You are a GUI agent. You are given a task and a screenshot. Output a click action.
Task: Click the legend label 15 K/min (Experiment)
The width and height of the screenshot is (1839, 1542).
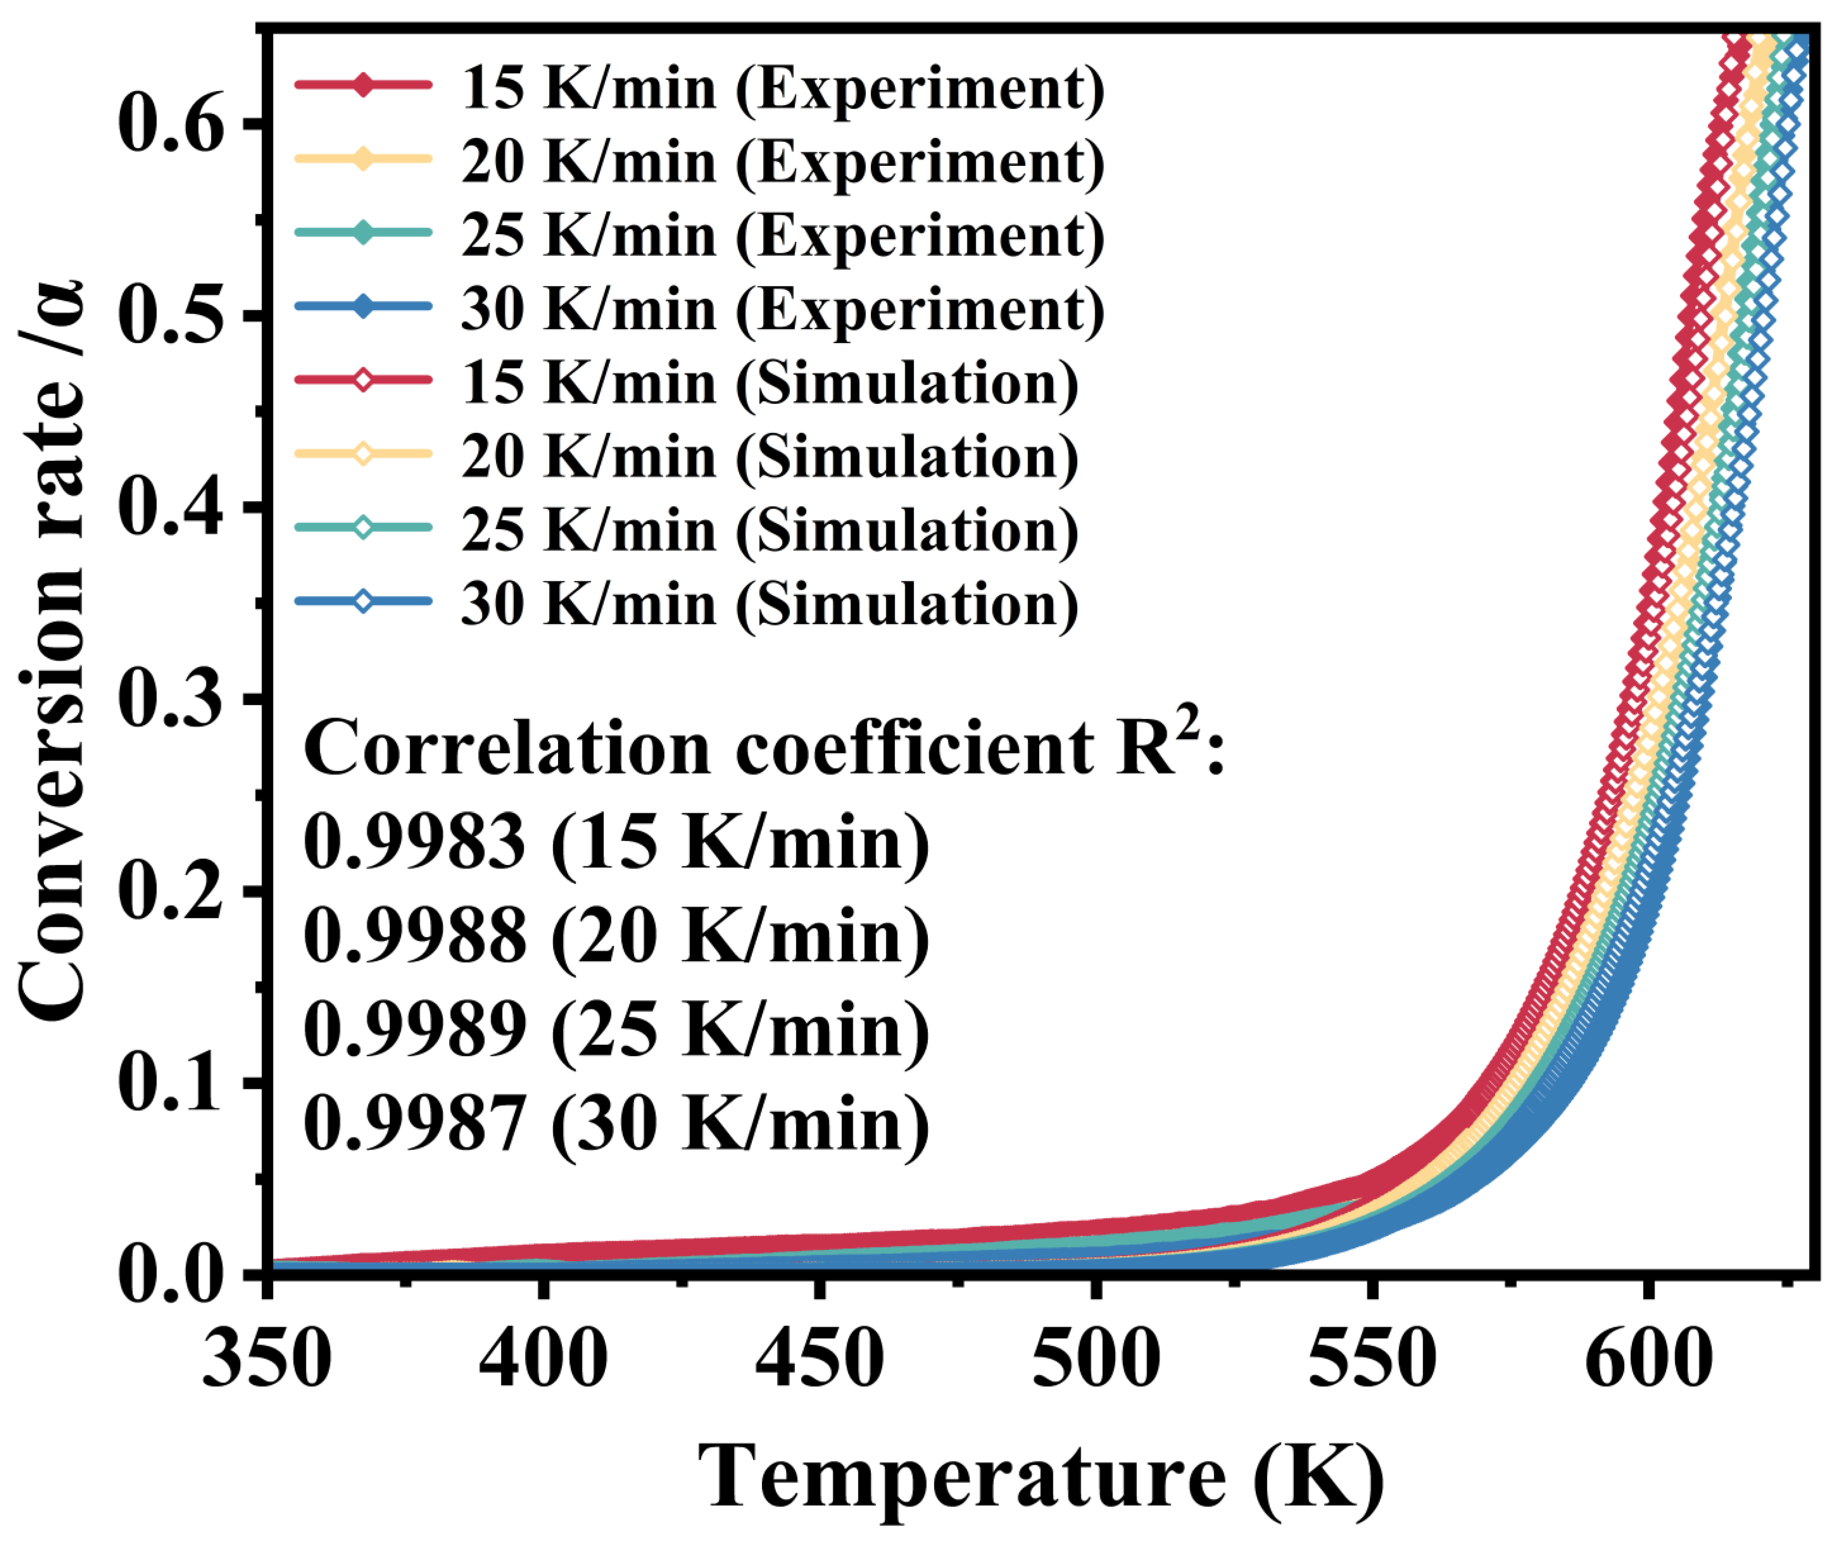click(x=782, y=89)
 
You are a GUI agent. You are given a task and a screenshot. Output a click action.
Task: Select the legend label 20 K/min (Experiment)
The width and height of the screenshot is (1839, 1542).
click(x=782, y=163)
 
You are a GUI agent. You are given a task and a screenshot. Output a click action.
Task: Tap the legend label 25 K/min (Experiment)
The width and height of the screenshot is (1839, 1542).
click(x=782, y=236)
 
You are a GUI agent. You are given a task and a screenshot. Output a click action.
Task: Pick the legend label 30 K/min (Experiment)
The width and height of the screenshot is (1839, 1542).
click(x=782, y=310)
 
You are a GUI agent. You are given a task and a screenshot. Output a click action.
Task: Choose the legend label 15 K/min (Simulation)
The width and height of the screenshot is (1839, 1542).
click(x=769, y=383)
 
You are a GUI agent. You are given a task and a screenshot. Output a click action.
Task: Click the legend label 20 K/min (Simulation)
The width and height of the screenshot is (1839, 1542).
click(x=769, y=457)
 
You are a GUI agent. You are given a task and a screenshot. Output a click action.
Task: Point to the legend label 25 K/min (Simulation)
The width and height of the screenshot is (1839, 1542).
click(x=769, y=531)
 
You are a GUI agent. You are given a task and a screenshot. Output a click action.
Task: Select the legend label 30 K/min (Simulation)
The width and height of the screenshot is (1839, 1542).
click(x=769, y=604)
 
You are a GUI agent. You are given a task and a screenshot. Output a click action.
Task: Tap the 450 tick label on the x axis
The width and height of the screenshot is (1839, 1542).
click(x=819, y=1359)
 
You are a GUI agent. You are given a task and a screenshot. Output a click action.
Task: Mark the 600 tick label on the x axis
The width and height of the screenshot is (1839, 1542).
click(x=1647, y=1359)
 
